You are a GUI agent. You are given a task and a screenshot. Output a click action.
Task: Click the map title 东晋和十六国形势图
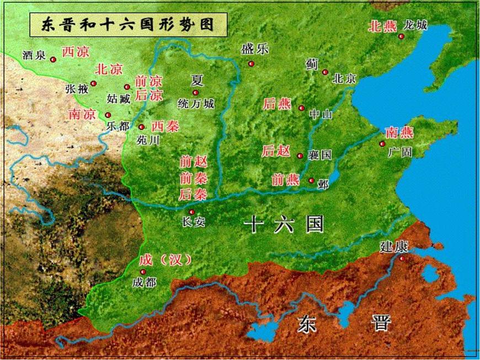(x=127, y=25)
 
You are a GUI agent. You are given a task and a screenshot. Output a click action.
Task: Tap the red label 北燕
(x=382, y=26)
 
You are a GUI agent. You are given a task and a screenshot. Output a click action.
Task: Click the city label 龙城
(x=415, y=25)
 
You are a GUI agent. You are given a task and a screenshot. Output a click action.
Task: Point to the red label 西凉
(x=75, y=52)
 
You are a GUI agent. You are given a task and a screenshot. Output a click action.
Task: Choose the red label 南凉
(x=82, y=114)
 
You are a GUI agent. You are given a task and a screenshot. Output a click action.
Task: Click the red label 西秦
(x=165, y=126)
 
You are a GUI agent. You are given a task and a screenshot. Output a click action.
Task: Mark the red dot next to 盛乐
(x=251, y=63)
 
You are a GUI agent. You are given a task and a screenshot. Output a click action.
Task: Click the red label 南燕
(x=399, y=133)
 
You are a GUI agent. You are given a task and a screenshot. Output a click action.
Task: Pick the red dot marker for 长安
(x=191, y=212)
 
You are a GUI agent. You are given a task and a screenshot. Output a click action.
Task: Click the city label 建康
(x=393, y=246)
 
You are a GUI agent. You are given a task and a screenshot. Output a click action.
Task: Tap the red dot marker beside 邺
(x=311, y=180)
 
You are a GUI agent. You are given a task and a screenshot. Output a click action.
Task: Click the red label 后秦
(x=193, y=194)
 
